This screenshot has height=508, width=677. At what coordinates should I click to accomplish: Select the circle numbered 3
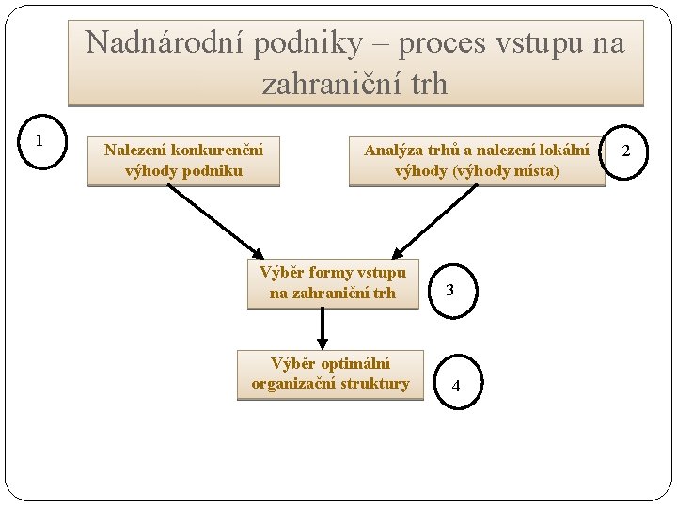click(x=450, y=291)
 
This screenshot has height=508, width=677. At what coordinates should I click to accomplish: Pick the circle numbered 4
click(x=456, y=386)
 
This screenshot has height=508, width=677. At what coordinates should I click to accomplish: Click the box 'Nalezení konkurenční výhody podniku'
click(x=183, y=161)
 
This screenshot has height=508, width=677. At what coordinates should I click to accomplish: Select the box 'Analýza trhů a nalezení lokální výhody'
click(x=477, y=161)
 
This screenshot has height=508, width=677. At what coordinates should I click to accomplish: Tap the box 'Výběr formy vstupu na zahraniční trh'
click(x=333, y=283)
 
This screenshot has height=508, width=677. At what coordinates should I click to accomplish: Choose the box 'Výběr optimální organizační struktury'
click(x=330, y=374)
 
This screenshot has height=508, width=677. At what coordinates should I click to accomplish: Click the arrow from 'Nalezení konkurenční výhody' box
click(x=214, y=221)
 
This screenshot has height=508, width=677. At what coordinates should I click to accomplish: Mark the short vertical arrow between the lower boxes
click(x=322, y=328)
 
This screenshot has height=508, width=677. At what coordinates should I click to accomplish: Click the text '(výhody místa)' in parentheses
click(x=517, y=171)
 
